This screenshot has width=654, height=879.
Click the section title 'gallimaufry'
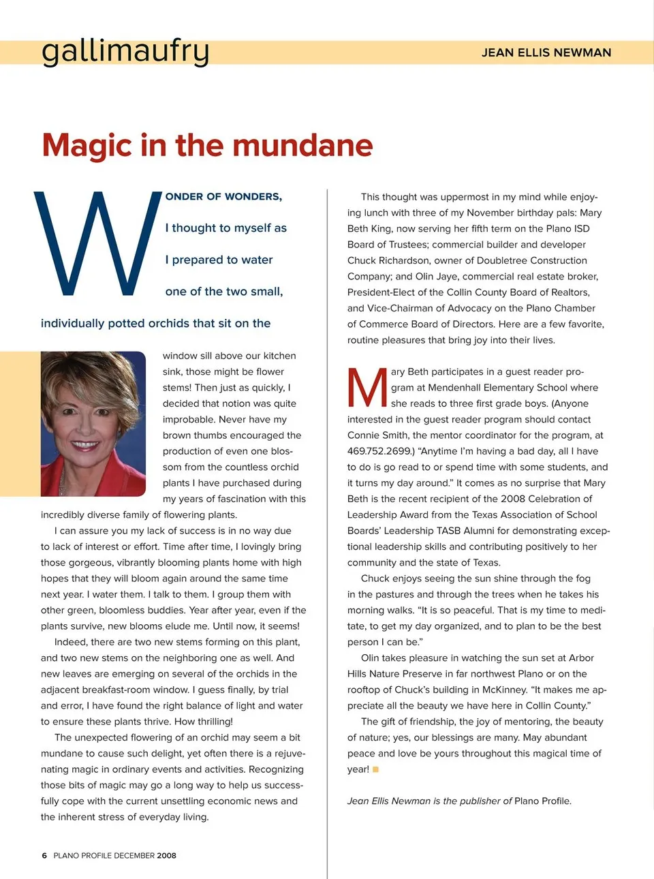(125, 51)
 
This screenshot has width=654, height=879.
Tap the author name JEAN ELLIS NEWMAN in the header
(546, 52)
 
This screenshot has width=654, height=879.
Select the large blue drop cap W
(95, 244)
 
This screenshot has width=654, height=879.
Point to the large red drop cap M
(367, 388)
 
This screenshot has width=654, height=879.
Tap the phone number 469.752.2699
(379, 451)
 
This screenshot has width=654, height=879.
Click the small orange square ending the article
(375, 769)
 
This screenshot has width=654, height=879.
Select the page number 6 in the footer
(44, 856)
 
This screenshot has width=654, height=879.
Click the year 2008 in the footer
(166, 856)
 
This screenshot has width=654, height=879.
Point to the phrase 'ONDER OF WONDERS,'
(223, 196)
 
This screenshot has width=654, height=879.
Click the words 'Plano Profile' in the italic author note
(542, 801)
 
